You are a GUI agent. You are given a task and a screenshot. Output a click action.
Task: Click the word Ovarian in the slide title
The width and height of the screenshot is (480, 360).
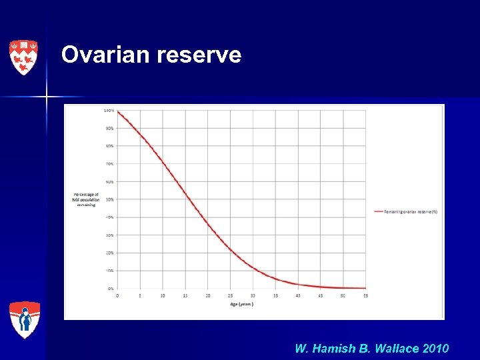point(106,55)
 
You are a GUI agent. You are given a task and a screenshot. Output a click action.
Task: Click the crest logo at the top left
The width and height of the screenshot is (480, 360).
point(23,57)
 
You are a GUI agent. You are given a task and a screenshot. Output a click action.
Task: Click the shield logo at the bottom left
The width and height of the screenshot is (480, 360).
point(25,320)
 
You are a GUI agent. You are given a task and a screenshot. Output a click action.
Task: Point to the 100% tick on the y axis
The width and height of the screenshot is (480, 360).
point(108,110)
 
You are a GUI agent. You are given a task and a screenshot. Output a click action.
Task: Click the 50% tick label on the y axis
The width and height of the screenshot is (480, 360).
point(109,199)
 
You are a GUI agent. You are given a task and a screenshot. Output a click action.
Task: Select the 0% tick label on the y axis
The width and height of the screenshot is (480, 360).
point(110,289)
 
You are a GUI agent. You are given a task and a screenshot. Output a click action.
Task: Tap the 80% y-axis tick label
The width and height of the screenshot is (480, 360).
point(109,146)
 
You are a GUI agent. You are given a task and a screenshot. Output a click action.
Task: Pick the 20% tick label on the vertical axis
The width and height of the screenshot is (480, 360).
point(109,253)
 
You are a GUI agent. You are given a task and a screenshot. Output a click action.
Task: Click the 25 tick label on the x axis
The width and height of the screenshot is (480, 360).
point(230,295)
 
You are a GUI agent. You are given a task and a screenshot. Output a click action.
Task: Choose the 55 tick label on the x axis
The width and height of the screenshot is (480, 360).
point(365,295)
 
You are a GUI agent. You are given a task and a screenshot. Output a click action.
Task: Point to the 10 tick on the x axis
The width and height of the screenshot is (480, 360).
point(163,295)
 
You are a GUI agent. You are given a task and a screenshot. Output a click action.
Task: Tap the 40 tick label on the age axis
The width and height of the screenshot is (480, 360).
point(297,295)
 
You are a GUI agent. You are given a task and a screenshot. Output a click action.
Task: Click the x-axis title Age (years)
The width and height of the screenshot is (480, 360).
point(241,304)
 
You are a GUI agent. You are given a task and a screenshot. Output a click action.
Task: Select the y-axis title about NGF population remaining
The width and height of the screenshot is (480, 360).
point(86,199)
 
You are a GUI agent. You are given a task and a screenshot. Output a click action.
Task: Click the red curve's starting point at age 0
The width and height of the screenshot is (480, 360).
point(118,112)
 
